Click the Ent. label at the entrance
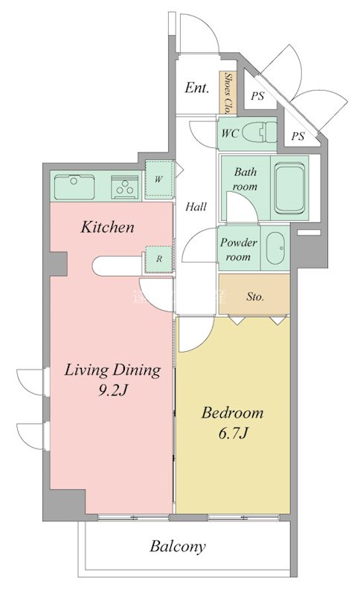(196, 89)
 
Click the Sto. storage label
(254, 297)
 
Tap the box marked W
(158, 178)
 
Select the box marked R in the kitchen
(158, 259)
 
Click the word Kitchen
(107, 227)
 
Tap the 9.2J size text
(112, 390)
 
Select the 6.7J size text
(232, 433)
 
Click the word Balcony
(178, 547)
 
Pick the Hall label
(196, 208)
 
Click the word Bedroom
(232, 413)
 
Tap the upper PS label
(257, 96)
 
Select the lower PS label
(298, 136)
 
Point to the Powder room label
(238, 249)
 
